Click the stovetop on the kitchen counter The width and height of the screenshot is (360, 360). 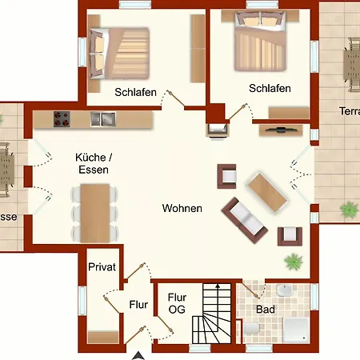(62, 119)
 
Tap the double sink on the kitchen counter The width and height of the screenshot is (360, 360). (102, 119)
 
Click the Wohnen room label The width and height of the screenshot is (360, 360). (182, 208)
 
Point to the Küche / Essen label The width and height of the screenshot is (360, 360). (92, 164)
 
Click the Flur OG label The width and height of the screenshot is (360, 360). (177, 302)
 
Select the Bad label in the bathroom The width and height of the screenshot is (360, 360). (265, 308)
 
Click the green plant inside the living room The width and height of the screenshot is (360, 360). (294, 260)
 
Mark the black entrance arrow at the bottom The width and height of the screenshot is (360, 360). (140, 354)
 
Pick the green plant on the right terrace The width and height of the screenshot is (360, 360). (348, 209)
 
